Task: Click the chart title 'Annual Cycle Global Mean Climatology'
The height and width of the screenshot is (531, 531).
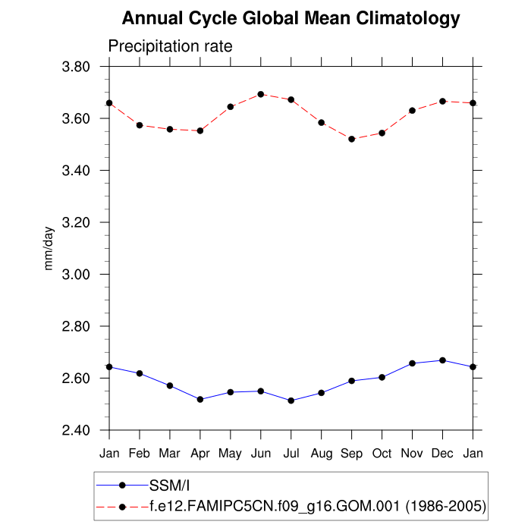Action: [x=291, y=18]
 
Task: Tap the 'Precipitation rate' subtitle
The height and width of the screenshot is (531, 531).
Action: [x=170, y=46]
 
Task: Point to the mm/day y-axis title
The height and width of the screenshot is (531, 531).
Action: [x=49, y=249]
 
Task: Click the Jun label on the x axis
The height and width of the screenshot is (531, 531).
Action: [x=261, y=454]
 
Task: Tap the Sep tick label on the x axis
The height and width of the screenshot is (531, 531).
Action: [x=351, y=454]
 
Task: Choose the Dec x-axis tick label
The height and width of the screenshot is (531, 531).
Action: [x=442, y=454]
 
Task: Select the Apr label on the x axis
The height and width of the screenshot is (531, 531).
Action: [x=200, y=454]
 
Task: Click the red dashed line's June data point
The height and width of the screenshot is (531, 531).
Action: [x=261, y=94]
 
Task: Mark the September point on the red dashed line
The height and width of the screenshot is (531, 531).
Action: [x=351, y=139]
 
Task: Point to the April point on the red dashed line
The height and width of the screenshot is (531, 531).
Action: [x=200, y=130]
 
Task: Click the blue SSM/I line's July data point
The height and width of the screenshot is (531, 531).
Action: [x=291, y=401]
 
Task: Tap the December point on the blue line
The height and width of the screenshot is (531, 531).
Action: [x=442, y=360]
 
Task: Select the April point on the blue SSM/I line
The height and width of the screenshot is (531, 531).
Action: [x=200, y=399]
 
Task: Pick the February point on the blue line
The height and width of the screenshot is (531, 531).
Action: [x=140, y=373]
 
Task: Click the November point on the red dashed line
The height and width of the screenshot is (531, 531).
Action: [x=412, y=111]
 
